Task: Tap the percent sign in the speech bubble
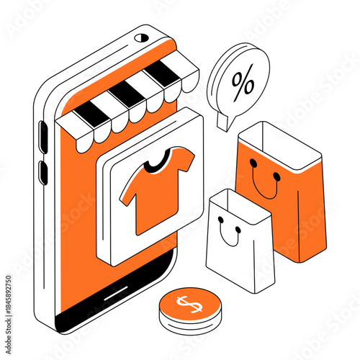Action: (x=243, y=84)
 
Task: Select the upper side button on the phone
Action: (x=42, y=136)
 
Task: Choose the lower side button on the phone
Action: (x=42, y=171)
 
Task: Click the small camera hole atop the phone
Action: (x=143, y=37)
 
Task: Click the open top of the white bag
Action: (x=238, y=202)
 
